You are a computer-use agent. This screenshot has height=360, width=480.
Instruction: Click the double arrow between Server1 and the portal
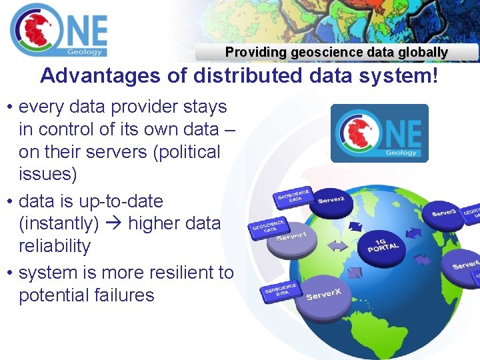tap(337, 246)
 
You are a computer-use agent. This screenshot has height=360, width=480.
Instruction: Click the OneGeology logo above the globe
tap(379, 133)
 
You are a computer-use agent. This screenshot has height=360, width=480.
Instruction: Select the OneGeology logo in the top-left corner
tap(59, 30)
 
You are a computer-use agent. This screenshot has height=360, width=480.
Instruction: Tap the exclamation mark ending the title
tap(435, 76)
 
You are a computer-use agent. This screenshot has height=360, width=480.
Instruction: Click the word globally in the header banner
tap(421, 52)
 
